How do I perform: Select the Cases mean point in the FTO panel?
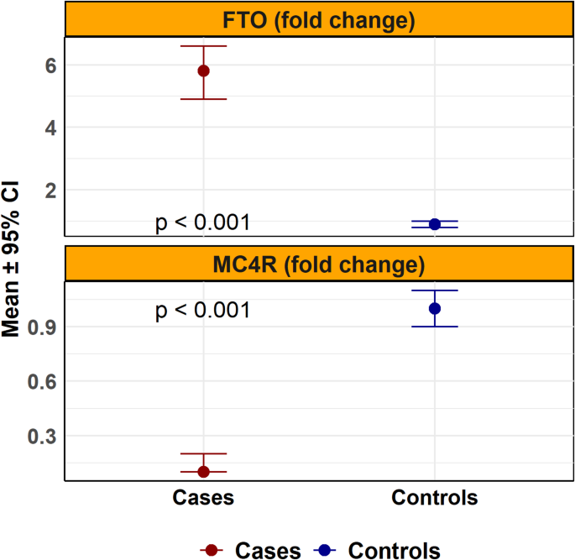click(203, 71)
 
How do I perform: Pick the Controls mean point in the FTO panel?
click(435, 224)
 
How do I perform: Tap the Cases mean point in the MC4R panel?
click(203, 471)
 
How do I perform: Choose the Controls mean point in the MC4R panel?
click(435, 308)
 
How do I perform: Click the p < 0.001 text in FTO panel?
click(203, 222)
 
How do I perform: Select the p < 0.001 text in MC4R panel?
click(203, 311)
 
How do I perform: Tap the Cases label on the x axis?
click(203, 498)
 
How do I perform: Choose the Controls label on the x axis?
click(435, 498)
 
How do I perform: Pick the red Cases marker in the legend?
click(213, 550)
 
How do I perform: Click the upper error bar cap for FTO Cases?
click(203, 46)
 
